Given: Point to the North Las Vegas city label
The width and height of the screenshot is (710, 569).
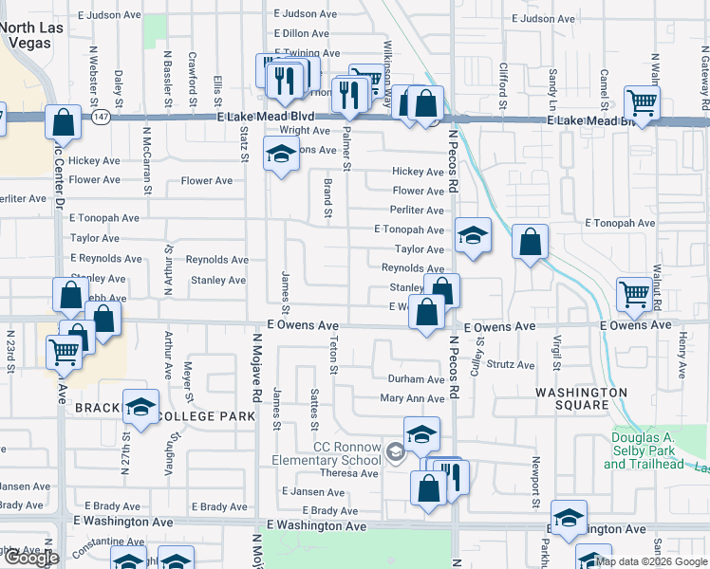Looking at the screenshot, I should point(31,35).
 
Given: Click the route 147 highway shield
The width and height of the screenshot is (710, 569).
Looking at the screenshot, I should point(101,116).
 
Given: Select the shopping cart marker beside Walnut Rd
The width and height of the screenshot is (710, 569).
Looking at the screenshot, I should point(634,292).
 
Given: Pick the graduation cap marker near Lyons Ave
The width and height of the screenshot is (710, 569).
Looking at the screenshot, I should point(281,155).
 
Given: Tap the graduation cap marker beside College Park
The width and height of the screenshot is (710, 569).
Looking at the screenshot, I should point(140,408).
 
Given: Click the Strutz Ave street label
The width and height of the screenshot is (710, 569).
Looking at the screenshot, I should point(512,365).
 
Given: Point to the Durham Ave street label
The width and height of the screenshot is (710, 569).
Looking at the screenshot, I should point(416,379).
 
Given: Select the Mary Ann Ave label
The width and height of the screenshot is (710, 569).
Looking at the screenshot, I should point(412,399).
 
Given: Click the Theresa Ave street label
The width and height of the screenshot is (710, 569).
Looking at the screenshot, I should point(348,474).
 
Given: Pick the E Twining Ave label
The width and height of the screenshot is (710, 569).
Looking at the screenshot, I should point(306,54).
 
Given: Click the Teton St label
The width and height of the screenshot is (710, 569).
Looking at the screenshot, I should point(334,355).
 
